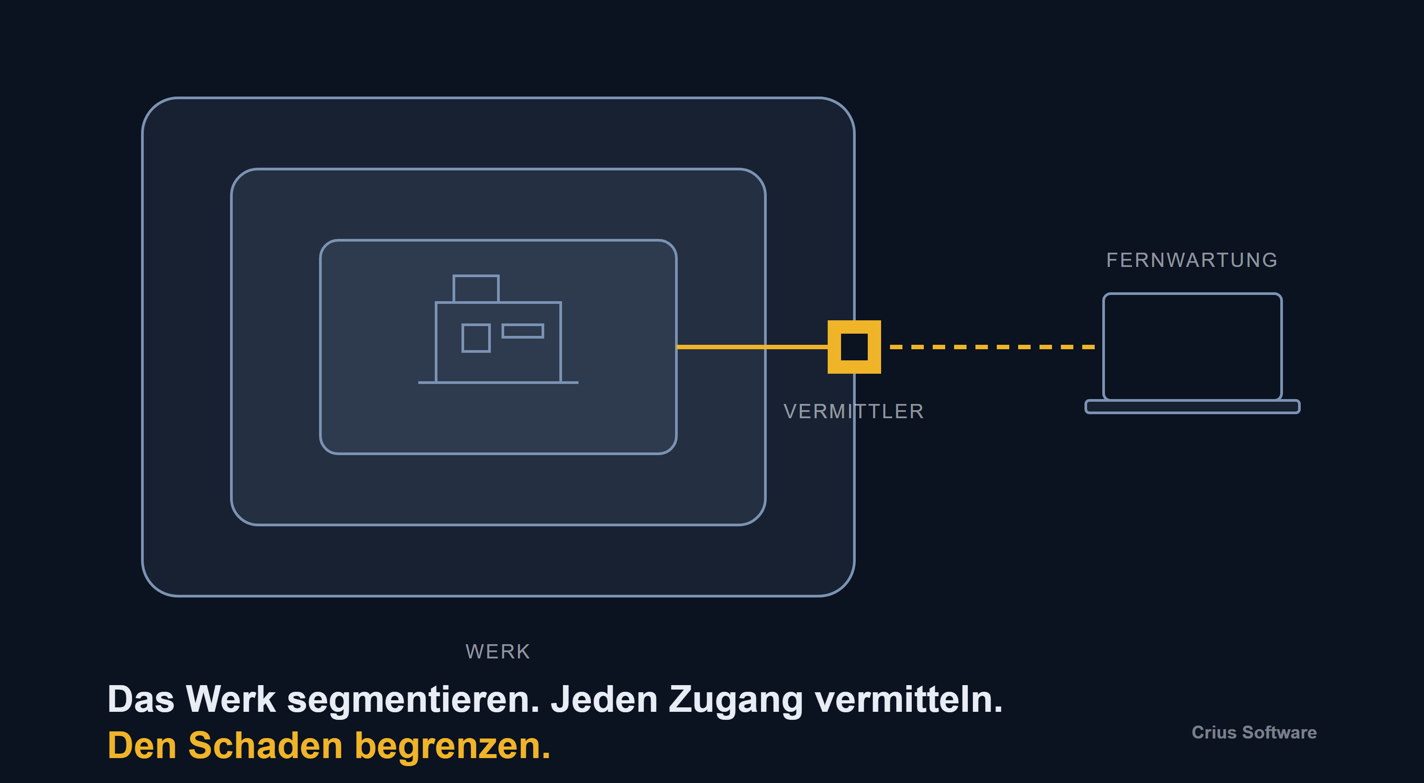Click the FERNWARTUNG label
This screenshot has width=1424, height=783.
click(x=1192, y=260)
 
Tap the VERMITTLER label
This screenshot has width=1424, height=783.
click(x=854, y=412)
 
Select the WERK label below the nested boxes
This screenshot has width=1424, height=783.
click(x=498, y=651)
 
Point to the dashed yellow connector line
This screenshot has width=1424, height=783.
click(x=992, y=347)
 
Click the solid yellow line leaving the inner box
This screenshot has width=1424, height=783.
click(x=752, y=347)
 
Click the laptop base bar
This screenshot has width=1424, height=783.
click(x=1193, y=407)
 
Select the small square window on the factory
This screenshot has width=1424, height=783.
click(x=476, y=338)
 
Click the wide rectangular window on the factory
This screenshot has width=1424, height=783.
click(x=522, y=331)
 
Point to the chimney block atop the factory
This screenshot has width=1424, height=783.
click(x=476, y=288)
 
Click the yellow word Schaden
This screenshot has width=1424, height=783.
click(x=265, y=746)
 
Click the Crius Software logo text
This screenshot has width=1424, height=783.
click(x=1254, y=733)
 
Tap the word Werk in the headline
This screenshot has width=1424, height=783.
click(x=231, y=699)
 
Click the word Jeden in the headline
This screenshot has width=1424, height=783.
click(x=604, y=699)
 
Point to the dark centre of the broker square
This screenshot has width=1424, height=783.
click(x=854, y=347)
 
